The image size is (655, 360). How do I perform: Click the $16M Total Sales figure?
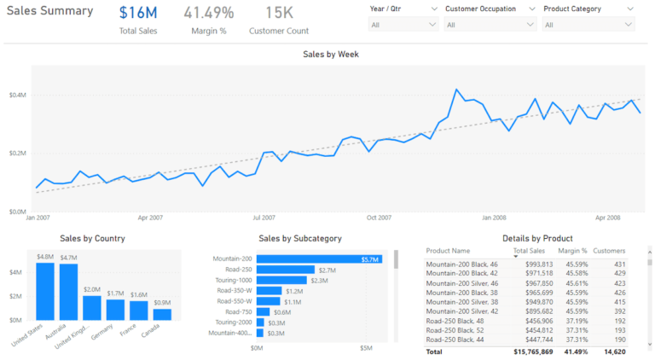click(138, 13)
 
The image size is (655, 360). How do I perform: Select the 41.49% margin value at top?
click(208, 13)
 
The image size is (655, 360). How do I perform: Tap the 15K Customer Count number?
click(279, 13)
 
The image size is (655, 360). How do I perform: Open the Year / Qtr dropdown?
click(403, 25)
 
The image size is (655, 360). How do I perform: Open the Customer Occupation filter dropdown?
click(490, 25)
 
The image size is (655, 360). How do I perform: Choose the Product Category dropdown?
click(588, 25)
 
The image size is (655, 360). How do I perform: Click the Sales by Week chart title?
click(331, 54)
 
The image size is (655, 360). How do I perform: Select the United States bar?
click(45, 291)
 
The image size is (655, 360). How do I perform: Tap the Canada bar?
click(162, 314)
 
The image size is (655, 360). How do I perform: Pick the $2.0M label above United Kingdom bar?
click(92, 289)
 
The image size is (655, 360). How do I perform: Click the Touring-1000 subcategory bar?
click(281, 280)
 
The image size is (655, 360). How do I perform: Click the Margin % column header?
click(572, 252)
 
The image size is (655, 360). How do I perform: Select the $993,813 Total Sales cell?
click(534, 264)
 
